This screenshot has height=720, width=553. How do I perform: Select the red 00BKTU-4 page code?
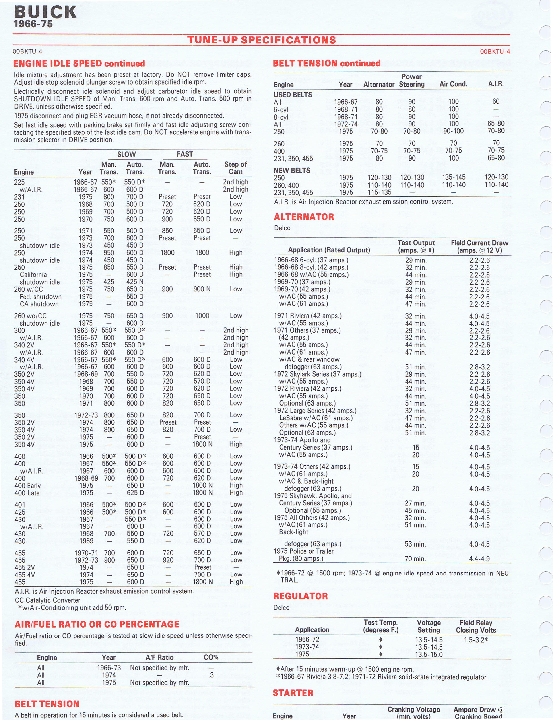495,51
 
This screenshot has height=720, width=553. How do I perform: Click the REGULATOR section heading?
300,596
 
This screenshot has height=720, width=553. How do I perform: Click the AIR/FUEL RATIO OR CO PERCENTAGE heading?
97,624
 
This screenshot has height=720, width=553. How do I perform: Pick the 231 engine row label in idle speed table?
19,197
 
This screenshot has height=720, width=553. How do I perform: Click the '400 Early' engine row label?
27,485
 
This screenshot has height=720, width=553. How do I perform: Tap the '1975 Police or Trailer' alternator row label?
303,551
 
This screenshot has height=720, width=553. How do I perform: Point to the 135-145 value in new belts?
454,177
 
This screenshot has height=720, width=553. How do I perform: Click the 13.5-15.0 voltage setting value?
429,654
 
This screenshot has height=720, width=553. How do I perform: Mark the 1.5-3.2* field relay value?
476,640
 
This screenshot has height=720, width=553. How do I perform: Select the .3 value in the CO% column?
211,675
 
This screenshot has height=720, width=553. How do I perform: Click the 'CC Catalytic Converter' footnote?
47,600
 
